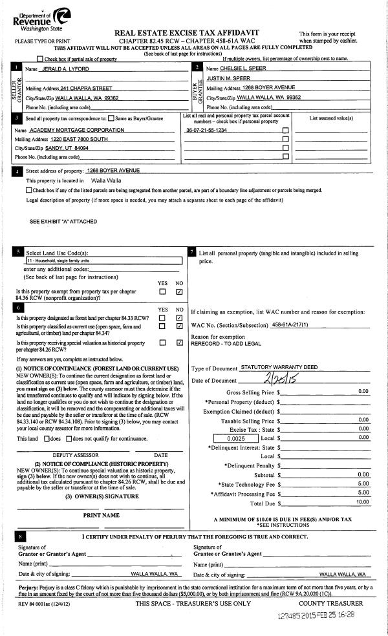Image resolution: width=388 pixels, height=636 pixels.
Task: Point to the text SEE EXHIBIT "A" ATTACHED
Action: [x=63, y=221]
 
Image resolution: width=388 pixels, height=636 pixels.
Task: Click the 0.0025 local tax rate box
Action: [x=235, y=438]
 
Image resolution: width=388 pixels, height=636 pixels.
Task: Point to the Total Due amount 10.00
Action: [x=362, y=502]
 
